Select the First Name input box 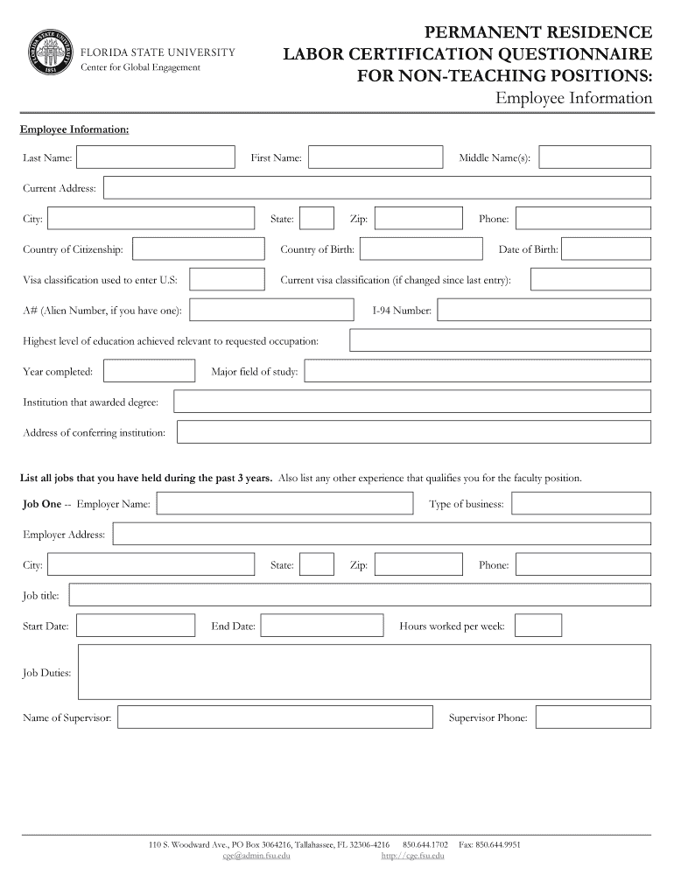[x=375, y=157]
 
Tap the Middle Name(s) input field [x=594, y=157]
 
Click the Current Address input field [x=376, y=188]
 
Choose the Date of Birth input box [x=606, y=249]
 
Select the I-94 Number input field [x=544, y=310]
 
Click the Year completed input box [x=149, y=372]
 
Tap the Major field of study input [x=477, y=372]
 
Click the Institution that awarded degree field [x=412, y=402]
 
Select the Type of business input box [x=581, y=503]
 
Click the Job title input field [x=360, y=596]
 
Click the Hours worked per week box [x=538, y=626]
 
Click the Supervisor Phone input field [x=593, y=717]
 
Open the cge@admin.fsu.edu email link [x=256, y=856]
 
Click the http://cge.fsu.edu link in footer [x=412, y=856]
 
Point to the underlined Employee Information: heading [x=74, y=129]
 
